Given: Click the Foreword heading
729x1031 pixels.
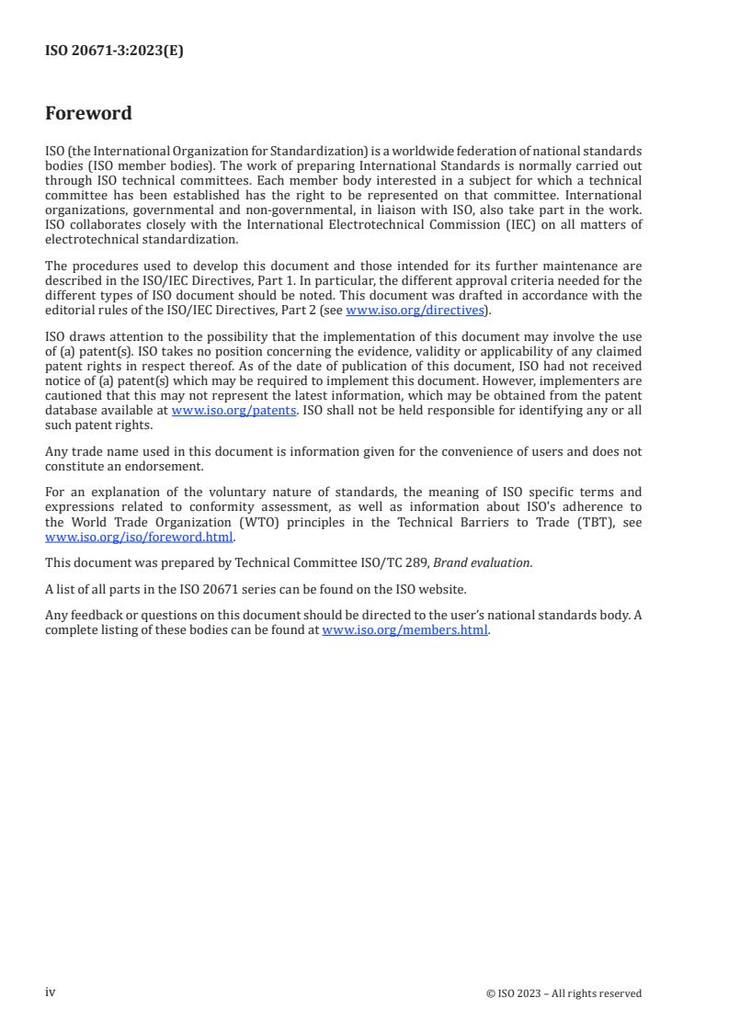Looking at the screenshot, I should [x=88, y=114].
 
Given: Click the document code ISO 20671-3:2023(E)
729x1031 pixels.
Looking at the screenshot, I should [x=114, y=51].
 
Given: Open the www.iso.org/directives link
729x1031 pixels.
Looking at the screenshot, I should [x=415, y=311].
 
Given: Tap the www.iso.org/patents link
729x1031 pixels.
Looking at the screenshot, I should [x=234, y=411].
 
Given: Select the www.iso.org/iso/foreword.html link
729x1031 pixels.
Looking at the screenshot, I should [x=139, y=538].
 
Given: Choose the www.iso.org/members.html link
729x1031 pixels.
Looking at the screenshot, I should [x=404, y=630].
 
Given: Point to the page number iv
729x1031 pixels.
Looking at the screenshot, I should [x=51, y=992].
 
